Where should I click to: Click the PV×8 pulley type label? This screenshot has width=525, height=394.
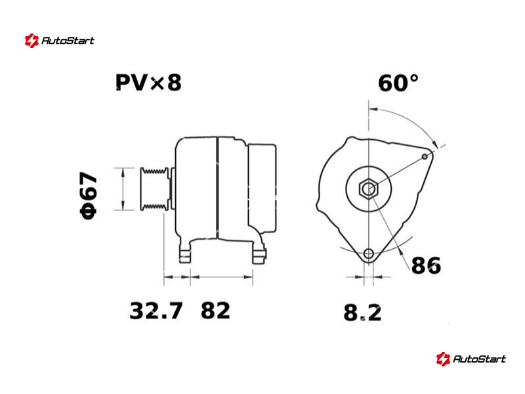pos(148,83)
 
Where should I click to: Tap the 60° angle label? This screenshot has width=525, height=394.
pos(398,83)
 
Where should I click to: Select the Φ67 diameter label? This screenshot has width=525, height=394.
pos(89,196)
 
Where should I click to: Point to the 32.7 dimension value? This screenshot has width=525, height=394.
pos(156,311)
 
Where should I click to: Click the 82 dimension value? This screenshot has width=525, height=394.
pos(215,311)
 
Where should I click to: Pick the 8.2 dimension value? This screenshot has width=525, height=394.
pos(362,313)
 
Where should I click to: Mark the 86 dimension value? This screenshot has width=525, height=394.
pos(426,266)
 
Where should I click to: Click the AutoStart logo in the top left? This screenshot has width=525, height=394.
pos(60,41)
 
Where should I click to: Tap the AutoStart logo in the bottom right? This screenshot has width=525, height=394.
pos(471,359)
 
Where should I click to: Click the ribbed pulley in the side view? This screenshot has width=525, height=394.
pos(155,189)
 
